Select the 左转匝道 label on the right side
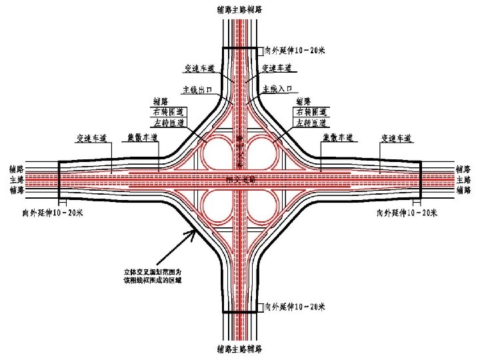coord(311,123)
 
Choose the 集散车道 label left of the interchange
coord(143,139)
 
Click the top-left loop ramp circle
coord(217,152)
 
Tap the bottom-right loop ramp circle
coord(264,208)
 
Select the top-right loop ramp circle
coord(264,152)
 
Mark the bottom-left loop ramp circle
coord(217,208)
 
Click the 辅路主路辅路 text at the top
coord(239,9)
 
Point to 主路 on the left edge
coord(17,180)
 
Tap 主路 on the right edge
coord(463,180)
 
